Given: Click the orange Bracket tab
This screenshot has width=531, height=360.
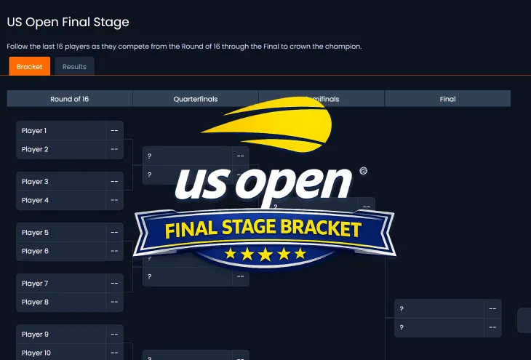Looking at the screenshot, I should click(30, 67).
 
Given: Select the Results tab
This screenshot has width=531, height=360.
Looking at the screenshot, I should click(74, 67).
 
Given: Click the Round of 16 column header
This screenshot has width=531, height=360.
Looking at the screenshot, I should click(70, 99).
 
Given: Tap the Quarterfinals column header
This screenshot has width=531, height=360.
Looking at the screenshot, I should click(196, 99).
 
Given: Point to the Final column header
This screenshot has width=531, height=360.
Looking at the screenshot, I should click(447, 99).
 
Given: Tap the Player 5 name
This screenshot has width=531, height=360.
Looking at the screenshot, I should click(35, 233).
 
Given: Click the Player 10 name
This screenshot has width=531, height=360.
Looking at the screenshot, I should click(36, 353).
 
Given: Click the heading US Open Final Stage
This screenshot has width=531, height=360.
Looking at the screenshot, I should click(68, 23).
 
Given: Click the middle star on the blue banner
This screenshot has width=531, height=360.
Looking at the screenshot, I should click(265, 254).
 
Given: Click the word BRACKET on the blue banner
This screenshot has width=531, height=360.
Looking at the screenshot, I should click(321, 230).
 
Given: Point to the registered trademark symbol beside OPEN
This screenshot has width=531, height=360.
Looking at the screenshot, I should click(364, 172).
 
